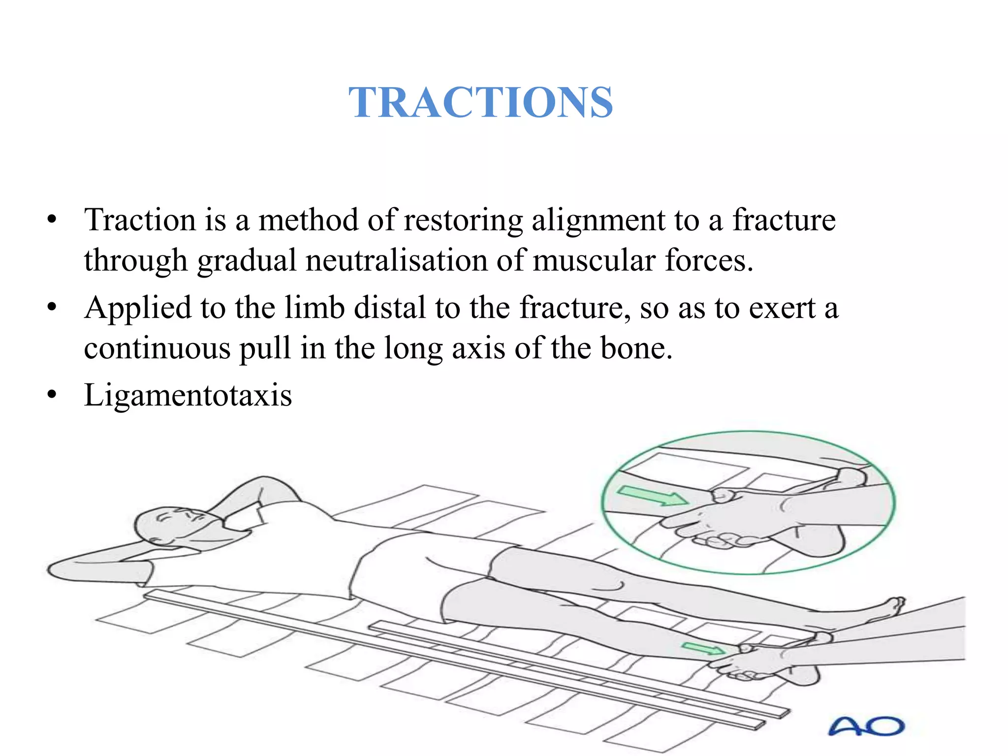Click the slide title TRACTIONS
pos(480,102)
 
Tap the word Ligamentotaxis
pos(188,395)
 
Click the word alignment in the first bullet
pos(598,220)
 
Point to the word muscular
pos(594,260)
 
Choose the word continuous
pos(157,348)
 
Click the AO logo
pos(866,726)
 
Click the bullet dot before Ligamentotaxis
pos(52,395)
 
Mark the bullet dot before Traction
pos(52,220)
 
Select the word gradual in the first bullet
pos(247,260)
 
